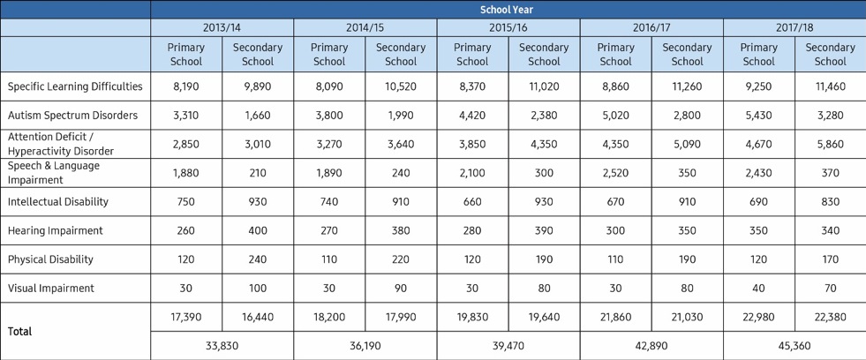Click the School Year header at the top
pos(507,10)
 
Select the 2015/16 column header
pos(508,27)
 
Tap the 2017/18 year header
pos(794,27)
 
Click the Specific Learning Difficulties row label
pos(75,86)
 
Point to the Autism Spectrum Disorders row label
pos(72,116)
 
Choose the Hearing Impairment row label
pos(56,231)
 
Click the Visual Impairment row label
pos(51,289)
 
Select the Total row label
pos(20,331)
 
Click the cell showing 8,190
pos(186,86)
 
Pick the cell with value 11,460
pos(830,86)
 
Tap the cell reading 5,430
pos(759,116)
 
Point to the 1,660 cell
pos(258,116)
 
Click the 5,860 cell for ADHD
pos(830,144)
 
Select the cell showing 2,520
pos(616,173)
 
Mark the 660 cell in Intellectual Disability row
pos(472,201)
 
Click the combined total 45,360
pos(794,346)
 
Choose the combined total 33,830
pos(222,346)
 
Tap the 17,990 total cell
pos(401,317)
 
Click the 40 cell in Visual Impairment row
pos(759,289)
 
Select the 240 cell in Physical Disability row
pos(258,259)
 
